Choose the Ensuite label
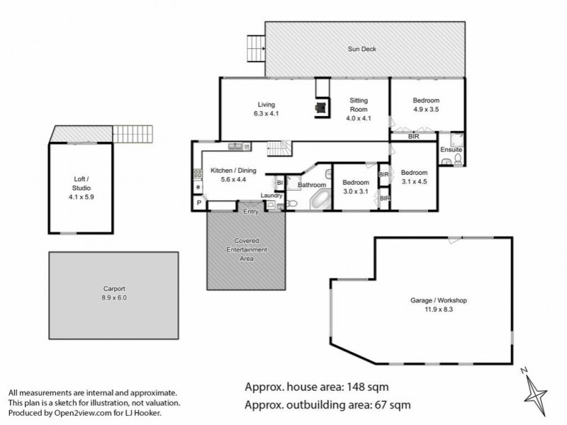pos(451,150)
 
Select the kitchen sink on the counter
pos(237,147)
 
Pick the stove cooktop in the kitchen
pos(198,174)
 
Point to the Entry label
pos(251,211)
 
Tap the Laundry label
pos(271,195)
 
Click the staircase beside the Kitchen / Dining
pos(278,149)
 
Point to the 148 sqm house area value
pos(366,387)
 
